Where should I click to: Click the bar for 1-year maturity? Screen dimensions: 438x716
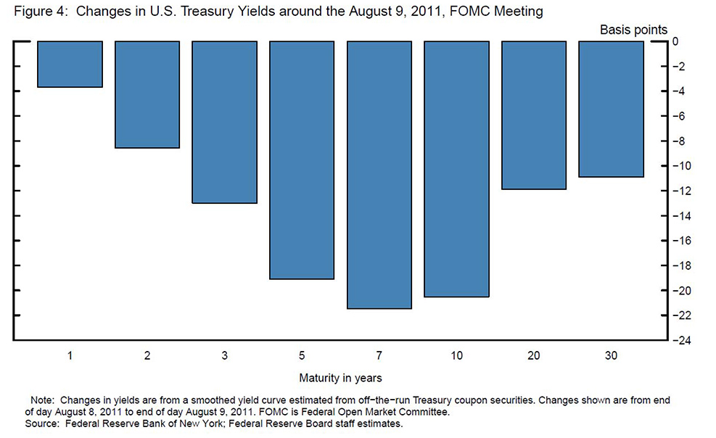coord(70,64)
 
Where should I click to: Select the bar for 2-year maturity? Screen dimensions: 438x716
coord(147,94)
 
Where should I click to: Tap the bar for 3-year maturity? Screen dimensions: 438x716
coord(224,122)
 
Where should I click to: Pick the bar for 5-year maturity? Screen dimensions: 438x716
coord(302,160)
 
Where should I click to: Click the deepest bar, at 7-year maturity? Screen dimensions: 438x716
coord(379,174)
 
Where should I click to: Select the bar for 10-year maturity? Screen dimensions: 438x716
coord(456,169)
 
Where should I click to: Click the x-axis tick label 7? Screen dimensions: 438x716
coord(379,357)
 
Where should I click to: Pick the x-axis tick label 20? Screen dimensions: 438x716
coord(533,357)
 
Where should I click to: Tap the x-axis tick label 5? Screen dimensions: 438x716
coord(302,357)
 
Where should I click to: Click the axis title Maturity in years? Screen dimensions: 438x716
coord(340,378)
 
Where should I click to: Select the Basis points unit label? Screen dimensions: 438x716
coord(633,29)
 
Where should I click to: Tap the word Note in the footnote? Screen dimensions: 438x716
coord(42,400)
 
